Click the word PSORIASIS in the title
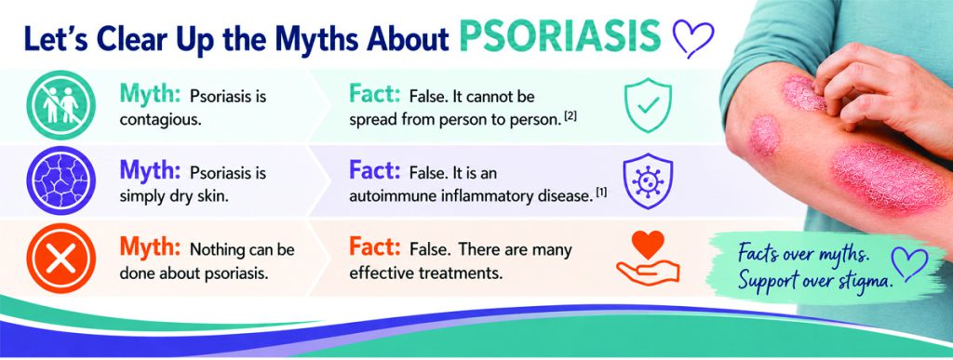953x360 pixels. pyautogui.click(x=559, y=37)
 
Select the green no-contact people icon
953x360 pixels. pyautogui.click(x=60, y=105)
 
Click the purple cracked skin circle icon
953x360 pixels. pyautogui.click(x=60, y=180)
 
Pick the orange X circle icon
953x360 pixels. pyautogui.click(x=60, y=258)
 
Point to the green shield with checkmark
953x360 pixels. pyautogui.click(x=649, y=105)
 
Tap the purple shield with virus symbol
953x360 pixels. pyautogui.click(x=649, y=180)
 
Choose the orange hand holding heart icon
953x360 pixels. pyautogui.click(x=648, y=258)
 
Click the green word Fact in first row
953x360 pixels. pyautogui.click(x=374, y=94)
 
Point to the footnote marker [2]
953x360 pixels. pyautogui.click(x=570, y=116)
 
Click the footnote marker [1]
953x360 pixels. pyautogui.click(x=600, y=193)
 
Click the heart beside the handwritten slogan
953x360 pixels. pyautogui.click(x=909, y=263)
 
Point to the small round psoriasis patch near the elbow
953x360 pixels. pyautogui.click(x=765, y=136)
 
